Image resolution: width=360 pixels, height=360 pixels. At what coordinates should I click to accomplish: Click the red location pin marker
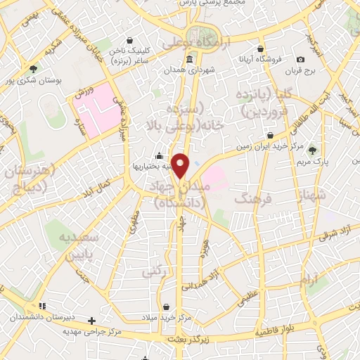pos(181,166)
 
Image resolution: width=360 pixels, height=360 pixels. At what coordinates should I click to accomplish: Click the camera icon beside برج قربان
pos(301,60)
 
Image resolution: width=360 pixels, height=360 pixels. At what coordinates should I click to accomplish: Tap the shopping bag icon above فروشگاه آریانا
pos(261,49)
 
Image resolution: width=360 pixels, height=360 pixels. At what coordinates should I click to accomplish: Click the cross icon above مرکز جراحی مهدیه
pos(91,321)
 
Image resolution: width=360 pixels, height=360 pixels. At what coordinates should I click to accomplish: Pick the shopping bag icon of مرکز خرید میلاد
pos(166,307)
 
